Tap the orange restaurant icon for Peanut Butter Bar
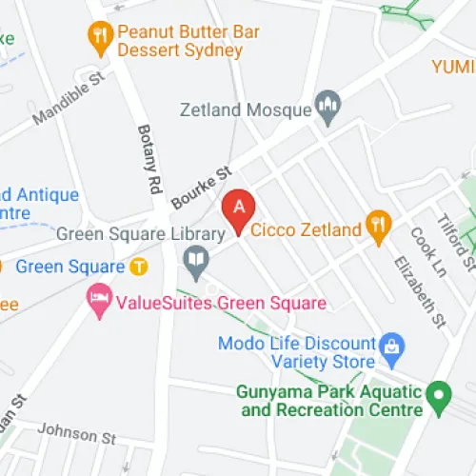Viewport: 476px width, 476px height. coord(99,39)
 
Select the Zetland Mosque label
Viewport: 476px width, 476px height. coord(246,109)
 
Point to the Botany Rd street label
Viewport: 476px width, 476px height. coord(149,161)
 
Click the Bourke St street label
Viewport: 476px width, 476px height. coord(202,188)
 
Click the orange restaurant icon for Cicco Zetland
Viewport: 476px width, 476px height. coord(379,226)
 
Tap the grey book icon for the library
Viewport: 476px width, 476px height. coord(196,259)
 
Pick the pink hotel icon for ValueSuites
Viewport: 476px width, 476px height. coord(98,303)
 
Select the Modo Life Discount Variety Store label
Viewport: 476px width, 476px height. coord(296,351)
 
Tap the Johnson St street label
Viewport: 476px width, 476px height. coord(84,435)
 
